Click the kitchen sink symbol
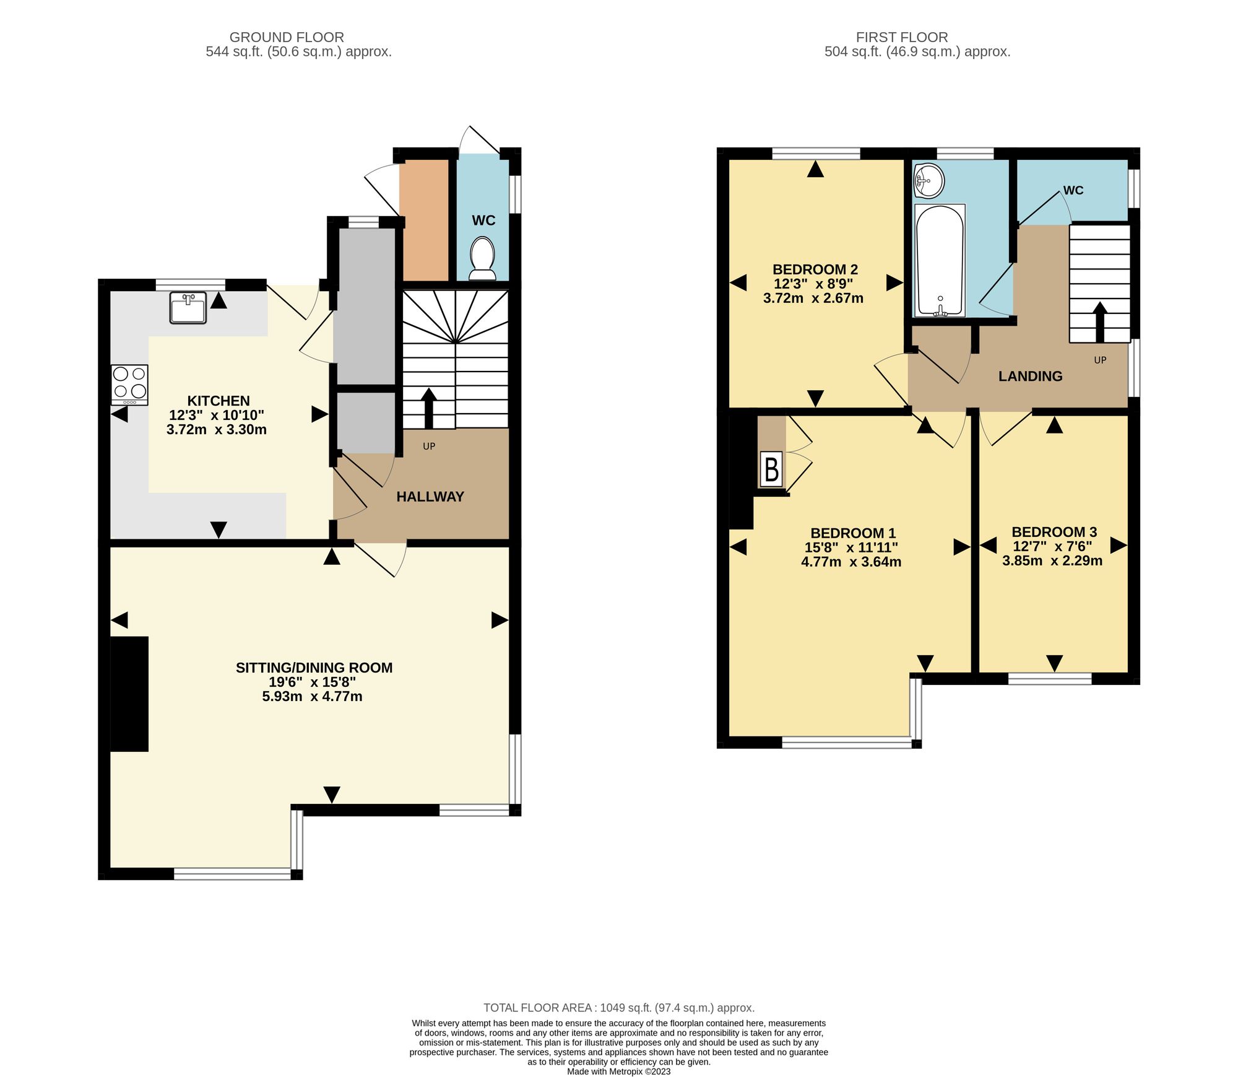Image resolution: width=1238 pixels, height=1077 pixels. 188,308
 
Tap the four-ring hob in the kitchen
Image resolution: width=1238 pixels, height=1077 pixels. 130,383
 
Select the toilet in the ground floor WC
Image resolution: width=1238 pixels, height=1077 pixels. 482,259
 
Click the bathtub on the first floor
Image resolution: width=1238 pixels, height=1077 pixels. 940,260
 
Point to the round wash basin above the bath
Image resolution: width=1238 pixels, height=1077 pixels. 928,180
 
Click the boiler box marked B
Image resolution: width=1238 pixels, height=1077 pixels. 771,469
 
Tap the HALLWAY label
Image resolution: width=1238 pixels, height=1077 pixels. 430,497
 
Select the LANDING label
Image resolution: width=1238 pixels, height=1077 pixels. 1030,376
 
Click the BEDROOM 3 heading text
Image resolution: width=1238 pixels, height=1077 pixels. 1054,532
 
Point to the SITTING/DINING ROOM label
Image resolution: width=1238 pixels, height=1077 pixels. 314,668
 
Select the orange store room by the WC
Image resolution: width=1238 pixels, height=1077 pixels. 424,220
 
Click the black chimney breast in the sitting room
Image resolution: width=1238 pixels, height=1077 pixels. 129,694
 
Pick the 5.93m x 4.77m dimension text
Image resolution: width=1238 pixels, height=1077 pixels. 312,697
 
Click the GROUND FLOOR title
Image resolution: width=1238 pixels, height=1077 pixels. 287,37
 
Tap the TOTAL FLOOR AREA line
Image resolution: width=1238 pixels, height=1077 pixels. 618,1008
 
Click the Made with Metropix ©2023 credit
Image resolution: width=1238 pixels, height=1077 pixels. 618,1071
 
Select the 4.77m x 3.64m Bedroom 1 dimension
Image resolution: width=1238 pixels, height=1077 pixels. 851,562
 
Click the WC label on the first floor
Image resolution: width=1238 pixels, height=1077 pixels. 1073,190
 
